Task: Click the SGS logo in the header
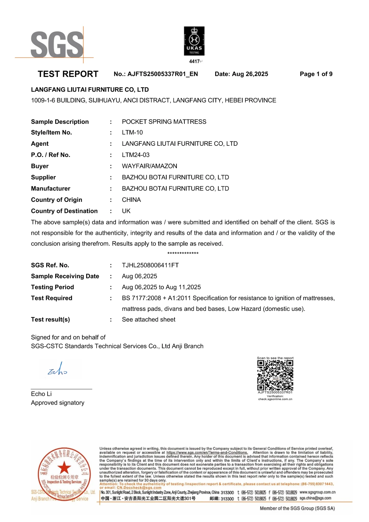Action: [x=57, y=45]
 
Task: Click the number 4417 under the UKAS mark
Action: [x=194, y=61]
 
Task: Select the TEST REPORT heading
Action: [x=68, y=74]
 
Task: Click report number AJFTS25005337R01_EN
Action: [x=163, y=74]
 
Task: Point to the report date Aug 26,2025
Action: [x=250, y=74]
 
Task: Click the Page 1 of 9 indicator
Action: [x=316, y=74]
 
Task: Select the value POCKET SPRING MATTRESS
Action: [x=164, y=122]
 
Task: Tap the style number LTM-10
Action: [x=132, y=133]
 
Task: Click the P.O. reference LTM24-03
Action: [x=136, y=155]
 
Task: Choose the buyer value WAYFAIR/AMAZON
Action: [x=149, y=166]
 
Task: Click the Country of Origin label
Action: [x=57, y=200]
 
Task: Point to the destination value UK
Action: [x=126, y=211]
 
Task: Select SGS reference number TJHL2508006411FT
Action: [x=150, y=265]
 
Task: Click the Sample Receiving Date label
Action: [x=65, y=276]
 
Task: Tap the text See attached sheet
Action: [x=149, y=320]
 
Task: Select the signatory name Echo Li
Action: [x=41, y=394]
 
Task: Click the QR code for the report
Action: [x=275, y=375]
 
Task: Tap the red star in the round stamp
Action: [x=64, y=468]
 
